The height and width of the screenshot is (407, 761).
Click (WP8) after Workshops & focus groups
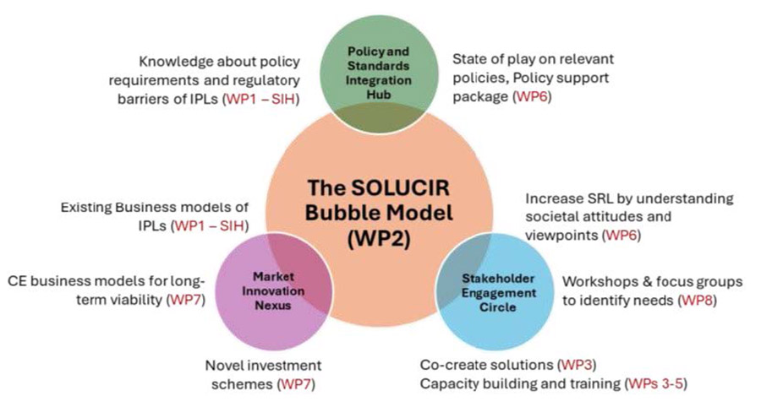click(699, 300)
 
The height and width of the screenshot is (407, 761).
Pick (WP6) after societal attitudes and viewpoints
click(621, 236)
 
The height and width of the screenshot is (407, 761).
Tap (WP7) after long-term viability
click(193, 300)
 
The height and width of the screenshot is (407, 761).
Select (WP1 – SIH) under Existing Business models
click(212, 226)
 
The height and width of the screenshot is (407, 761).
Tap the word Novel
click(227, 365)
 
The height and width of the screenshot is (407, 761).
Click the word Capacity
click(448, 384)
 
